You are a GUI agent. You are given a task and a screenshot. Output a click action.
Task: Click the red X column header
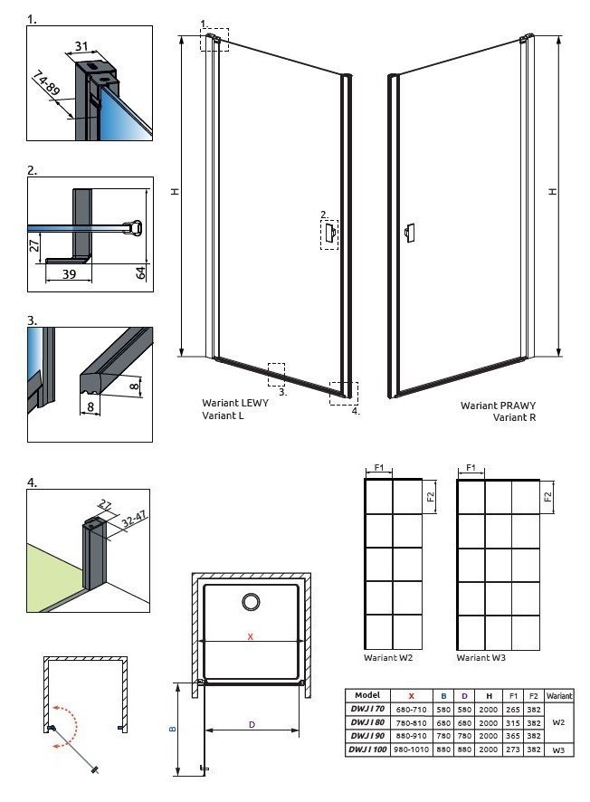(x=411, y=695)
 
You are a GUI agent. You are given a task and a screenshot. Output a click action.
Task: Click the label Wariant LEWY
(x=234, y=405)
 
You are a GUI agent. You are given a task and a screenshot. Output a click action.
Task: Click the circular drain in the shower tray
(x=250, y=602)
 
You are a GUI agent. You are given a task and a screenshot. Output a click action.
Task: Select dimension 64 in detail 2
(x=141, y=272)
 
